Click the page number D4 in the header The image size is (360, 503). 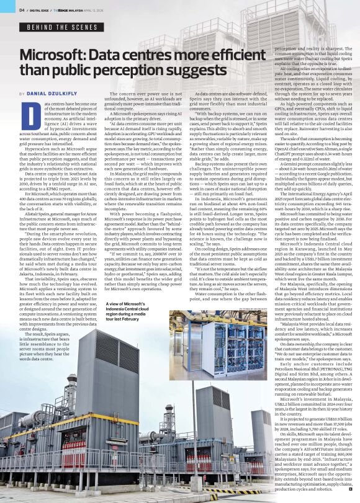(x=22, y=9)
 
